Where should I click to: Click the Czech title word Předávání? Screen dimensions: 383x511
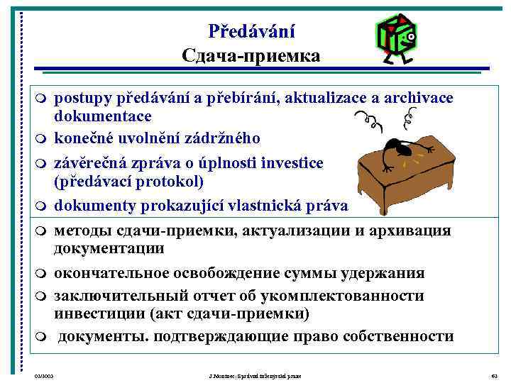coord(252,31)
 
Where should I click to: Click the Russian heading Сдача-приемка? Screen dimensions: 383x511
coord(251,55)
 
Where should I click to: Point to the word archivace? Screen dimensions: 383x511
coord(422,97)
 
